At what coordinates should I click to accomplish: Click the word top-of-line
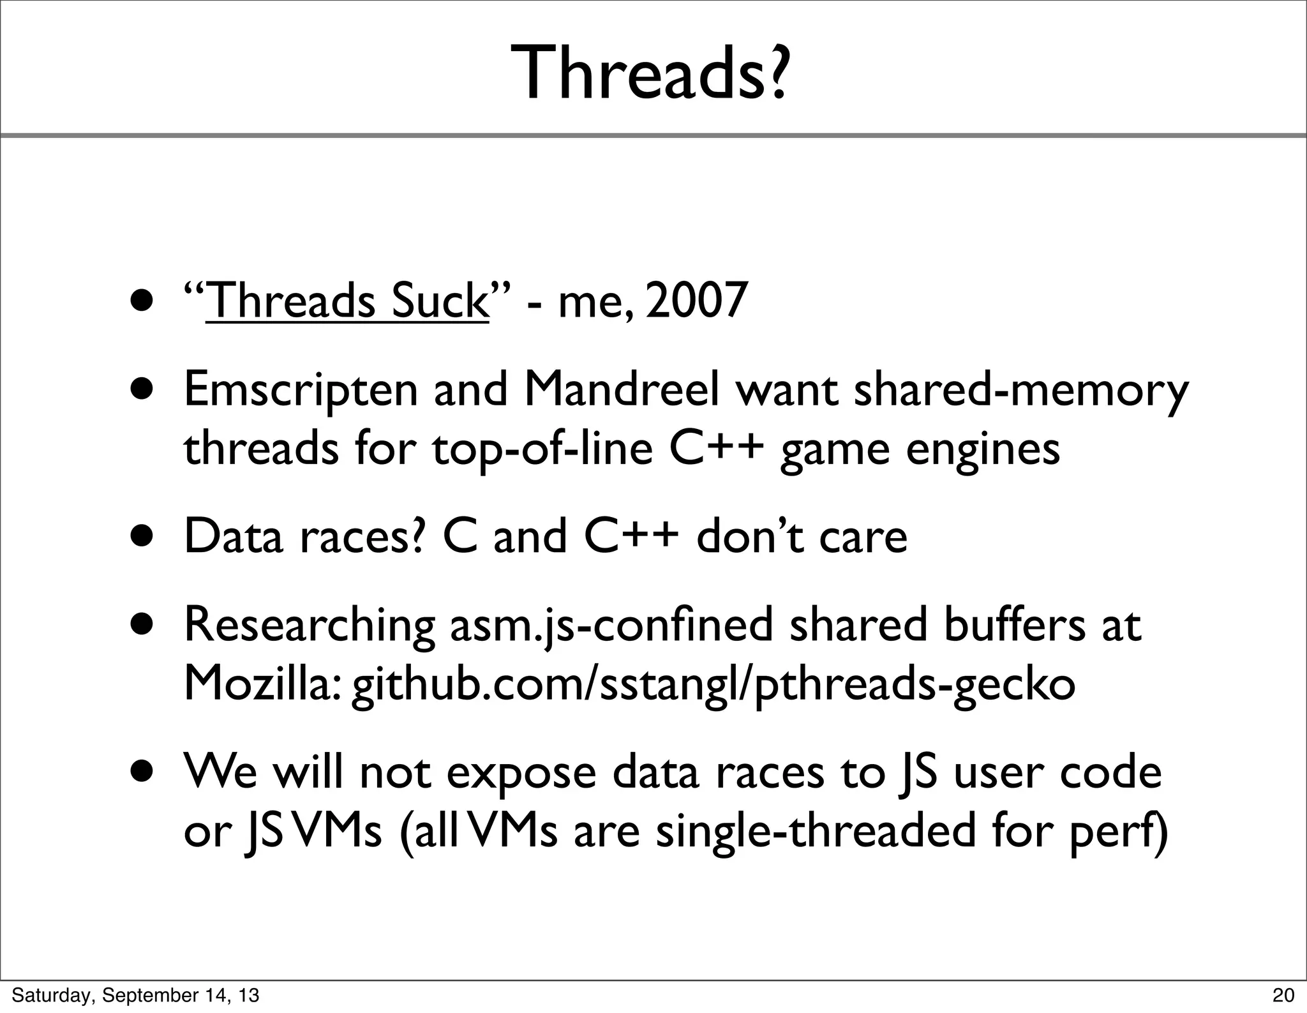click(x=542, y=449)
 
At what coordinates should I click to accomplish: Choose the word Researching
click(x=310, y=626)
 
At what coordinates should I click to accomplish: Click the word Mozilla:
click(x=262, y=684)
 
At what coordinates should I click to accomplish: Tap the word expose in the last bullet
click(x=521, y=772)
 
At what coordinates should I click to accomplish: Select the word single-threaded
click(x=816, y=832)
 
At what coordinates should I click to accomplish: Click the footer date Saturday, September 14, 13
click(x=135, y=995)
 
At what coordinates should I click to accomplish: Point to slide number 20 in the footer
click(x=1283, y=995)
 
